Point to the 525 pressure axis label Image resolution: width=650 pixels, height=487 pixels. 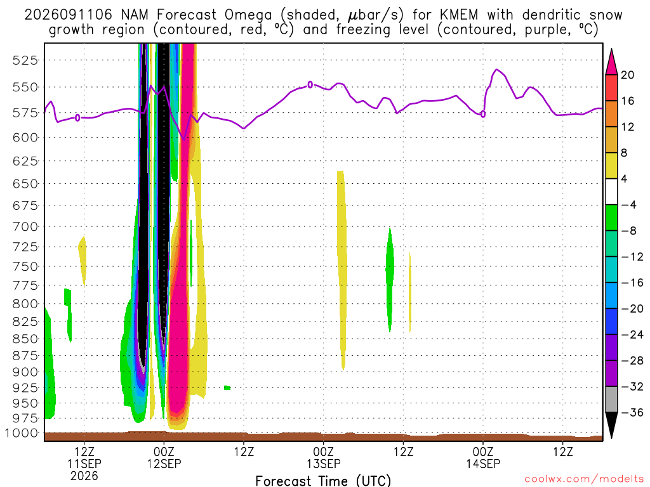coord(25,60)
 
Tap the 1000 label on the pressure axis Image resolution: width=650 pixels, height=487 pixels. coord(22,433)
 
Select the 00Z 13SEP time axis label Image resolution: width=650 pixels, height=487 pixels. coord(323,457)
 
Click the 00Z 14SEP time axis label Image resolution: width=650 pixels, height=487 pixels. coord(483,457)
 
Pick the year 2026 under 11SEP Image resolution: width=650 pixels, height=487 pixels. coord(84,476)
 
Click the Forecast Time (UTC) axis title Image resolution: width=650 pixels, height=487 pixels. coord(323,481)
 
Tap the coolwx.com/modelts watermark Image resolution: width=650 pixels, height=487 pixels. coord(584,479)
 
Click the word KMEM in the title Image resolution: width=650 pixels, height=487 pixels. coord(459,15)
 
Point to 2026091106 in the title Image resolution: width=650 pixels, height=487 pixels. coord(69,15)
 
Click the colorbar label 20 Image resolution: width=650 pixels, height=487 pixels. coord(628,75)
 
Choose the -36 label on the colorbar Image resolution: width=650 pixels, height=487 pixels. coord(632,412)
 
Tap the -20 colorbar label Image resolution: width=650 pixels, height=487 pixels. coord(632,309)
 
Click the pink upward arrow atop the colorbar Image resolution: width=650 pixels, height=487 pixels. coord(611,62)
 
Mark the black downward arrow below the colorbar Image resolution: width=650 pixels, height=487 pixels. coord(611,425)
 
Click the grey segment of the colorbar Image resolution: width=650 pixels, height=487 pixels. coord(611,399)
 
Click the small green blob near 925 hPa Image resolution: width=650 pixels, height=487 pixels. coord(227,387)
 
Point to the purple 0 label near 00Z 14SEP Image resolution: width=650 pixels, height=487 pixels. coord(483,114)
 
